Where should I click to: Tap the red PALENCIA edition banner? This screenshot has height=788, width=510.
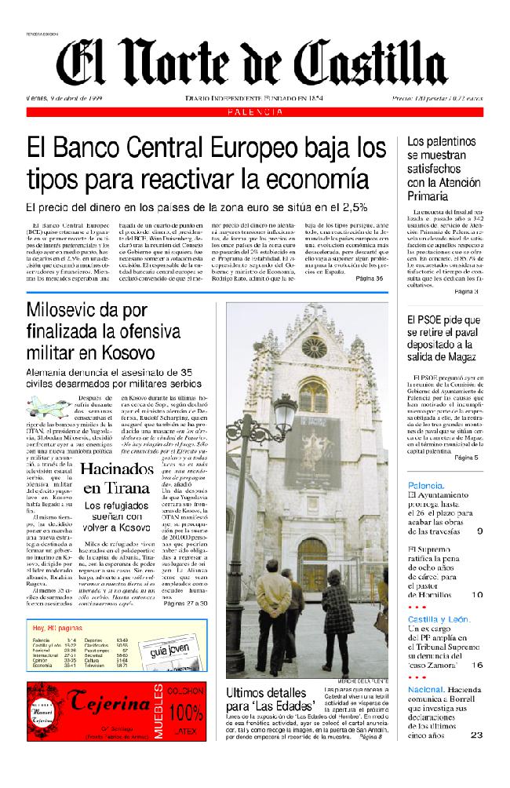(x=255, y=113)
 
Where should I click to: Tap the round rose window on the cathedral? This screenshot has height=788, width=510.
(x=314, y=346)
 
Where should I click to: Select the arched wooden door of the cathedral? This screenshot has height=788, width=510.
(x=312, y=565)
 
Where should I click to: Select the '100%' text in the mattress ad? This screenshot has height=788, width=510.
(x=185, y=713)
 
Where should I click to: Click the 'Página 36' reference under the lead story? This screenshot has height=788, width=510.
(x=369, y=278)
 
